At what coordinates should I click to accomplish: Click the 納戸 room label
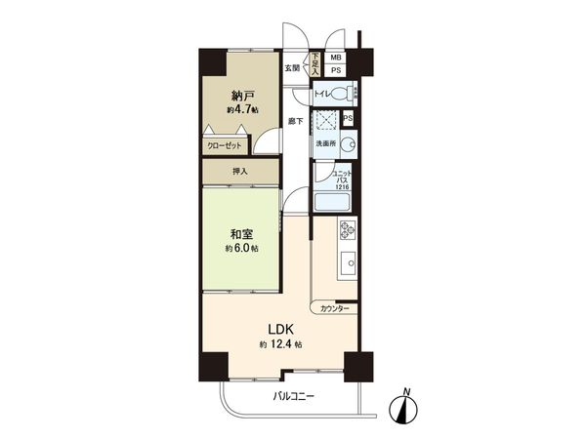243,96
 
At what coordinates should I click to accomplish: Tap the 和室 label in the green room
243,234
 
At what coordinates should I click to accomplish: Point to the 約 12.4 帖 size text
280,345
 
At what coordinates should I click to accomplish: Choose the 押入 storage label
239,172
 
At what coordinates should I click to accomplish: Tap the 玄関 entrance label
291,68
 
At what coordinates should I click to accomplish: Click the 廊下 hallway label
295,122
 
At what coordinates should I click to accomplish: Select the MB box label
335,58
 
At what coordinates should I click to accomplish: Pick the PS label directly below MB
335,70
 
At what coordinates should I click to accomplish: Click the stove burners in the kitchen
347,231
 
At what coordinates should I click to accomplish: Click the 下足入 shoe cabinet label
315,63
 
